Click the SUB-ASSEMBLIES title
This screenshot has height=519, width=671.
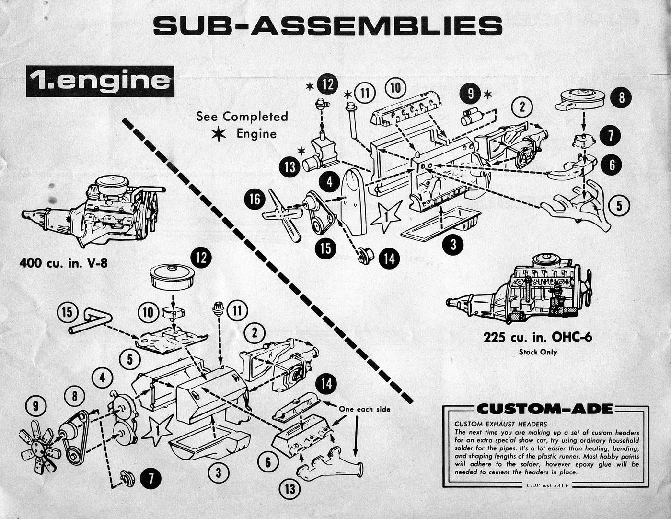(328, 26)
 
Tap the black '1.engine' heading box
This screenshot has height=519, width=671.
(100, 81)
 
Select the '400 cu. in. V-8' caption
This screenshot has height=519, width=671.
(63, 263)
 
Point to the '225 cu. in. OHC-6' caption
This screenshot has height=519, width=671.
(537, 337)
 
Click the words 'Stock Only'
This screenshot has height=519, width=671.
(538, 352)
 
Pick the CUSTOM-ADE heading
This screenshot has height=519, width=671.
(545, 409)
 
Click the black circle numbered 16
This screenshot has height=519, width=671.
(255, 199)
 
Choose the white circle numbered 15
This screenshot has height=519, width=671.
(68, 313)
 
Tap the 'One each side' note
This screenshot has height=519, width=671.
(364, 409)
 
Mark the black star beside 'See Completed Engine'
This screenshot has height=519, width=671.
(219, 134)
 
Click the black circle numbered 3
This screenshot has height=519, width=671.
(453, 245)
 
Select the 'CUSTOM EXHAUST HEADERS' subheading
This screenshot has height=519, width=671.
(500, 424)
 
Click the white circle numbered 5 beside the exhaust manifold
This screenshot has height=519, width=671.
(619, 206)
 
